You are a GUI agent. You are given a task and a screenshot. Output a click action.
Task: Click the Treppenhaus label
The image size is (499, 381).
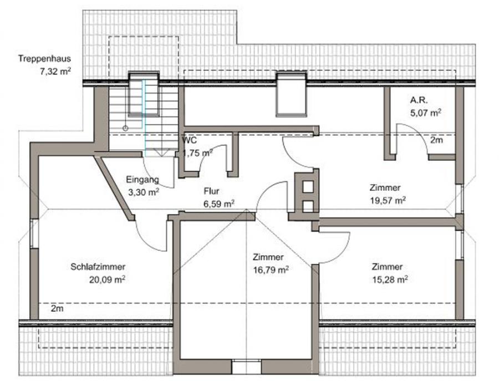click(x=44, y=59)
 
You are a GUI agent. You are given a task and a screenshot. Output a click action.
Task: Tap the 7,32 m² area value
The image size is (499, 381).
click(x=55, y=72)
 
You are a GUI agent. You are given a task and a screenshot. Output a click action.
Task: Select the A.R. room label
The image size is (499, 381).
click(x=419, y=100)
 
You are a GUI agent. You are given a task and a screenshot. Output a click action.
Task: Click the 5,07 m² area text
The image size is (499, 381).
click(x=426, y=113)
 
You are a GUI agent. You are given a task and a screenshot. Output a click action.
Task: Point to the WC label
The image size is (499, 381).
click(x=190, y=140)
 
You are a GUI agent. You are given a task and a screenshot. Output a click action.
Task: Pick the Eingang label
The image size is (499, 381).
click(x=142, y=180)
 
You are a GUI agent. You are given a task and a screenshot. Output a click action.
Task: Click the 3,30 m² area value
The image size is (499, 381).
click(x=143, y=192)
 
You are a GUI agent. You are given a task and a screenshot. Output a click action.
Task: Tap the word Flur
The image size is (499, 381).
click(x=211, y=191)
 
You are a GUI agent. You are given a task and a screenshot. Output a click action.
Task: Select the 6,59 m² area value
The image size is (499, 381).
click(x=219, y=204)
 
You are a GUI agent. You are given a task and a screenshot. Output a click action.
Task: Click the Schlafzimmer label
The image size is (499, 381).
click(x=98, y=267)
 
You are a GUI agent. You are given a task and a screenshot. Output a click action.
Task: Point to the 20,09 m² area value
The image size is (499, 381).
click(x=107, y=280)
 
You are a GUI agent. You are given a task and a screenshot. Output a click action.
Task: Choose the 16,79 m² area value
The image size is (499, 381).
click(x=271, y=270)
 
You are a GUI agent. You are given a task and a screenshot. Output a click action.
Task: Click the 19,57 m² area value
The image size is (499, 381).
click(x=388, y=200)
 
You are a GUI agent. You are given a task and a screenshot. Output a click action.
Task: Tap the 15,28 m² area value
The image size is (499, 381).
click(x=390, y=280)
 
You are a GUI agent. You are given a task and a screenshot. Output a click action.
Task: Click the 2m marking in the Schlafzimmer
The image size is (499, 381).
click(x=57, y=308)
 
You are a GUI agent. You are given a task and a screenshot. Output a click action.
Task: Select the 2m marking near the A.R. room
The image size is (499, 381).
click(x=437, y=140)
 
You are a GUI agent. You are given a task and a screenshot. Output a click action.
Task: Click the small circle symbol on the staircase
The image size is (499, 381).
click(x=125, y=128)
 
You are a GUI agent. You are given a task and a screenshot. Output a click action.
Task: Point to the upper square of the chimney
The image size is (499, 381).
click(x=308, y=187)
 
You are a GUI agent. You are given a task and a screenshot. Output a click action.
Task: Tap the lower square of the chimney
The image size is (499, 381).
click(x=308, y=206)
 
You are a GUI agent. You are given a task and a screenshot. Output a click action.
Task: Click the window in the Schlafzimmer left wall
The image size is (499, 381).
click(x=34, y=233)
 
